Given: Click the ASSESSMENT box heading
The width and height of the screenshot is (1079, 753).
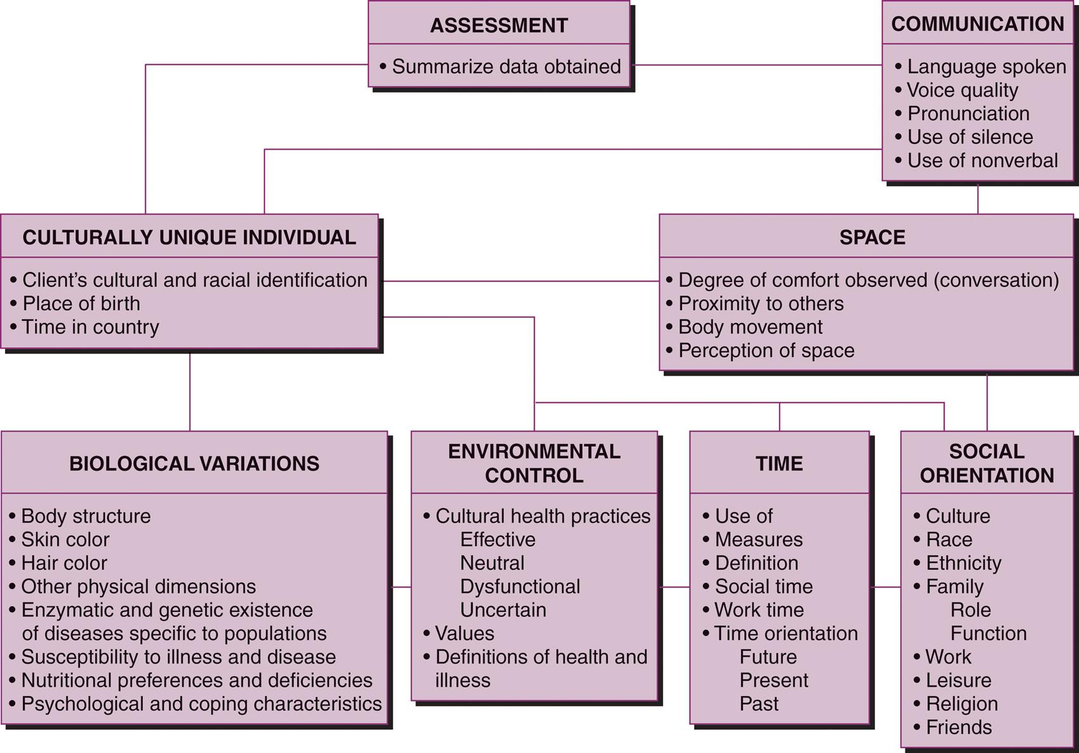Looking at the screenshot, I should [499, 25].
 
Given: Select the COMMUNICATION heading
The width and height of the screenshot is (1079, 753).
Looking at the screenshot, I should [978, 24].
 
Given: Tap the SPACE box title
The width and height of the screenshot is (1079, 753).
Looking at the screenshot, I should [872, 237].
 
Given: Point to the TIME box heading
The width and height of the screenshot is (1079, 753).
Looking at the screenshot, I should [779, 464].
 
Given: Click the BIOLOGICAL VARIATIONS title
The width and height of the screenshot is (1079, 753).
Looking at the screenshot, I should [194, 464].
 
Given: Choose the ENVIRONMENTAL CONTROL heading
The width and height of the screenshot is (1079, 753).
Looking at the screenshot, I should [534, 464].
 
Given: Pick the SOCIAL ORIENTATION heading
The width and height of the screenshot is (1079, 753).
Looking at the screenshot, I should [986, 464].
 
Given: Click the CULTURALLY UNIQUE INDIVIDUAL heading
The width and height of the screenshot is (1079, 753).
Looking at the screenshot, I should [189, 237].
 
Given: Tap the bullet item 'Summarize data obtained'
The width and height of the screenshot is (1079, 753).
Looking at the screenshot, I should [506, 67].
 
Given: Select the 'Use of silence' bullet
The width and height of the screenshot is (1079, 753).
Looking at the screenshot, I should [969, 137].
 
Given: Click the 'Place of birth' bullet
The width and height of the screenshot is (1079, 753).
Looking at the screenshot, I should [81, 304].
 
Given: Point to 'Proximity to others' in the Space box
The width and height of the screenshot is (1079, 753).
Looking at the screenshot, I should [761, 304].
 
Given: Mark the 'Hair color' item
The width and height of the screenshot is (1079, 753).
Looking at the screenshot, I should [63, 563].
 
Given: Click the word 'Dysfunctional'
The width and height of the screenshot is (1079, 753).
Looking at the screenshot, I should [520, 587].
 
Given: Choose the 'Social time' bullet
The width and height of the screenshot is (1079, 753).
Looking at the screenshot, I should [763, 587].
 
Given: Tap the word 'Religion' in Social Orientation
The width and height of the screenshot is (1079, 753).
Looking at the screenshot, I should [962, 704].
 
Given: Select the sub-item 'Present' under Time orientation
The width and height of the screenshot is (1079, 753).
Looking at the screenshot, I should [773, 681].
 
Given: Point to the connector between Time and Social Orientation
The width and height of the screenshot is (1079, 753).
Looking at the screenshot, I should [885, 587].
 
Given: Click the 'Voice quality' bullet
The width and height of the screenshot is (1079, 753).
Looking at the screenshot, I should [962, 90].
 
